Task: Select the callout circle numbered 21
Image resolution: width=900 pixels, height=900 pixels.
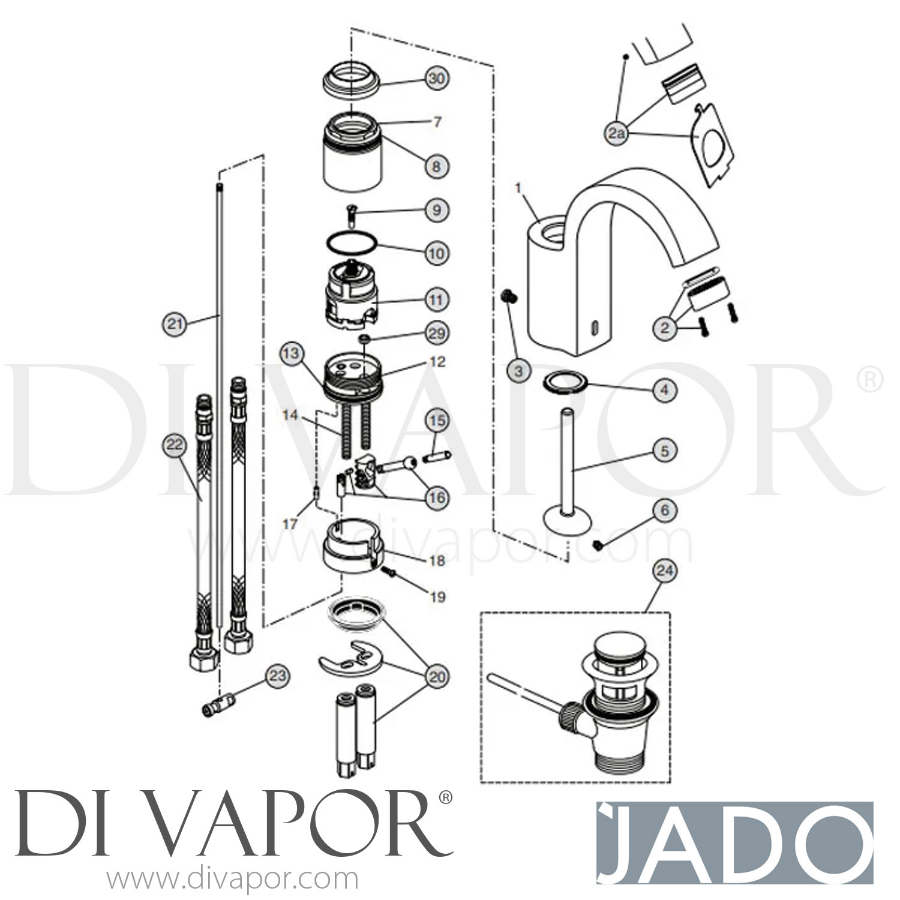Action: pyautogui.click(x=174, y=325)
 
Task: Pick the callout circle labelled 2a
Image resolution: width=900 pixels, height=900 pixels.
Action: pyautogui.click(x=615, y=134)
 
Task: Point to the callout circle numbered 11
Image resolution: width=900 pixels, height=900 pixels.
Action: pyautogui.click(x=437, y=299)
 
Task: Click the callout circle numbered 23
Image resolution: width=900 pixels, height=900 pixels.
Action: pyautogui.click(x=277, y=677)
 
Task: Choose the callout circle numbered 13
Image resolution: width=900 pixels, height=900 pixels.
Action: pyautogui.click(x=291, y=354)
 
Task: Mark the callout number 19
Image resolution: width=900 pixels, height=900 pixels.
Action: pyautogui.click(x=438, y=596)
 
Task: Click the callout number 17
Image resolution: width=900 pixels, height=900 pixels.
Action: pyautogui.click(x=290, y=524)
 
